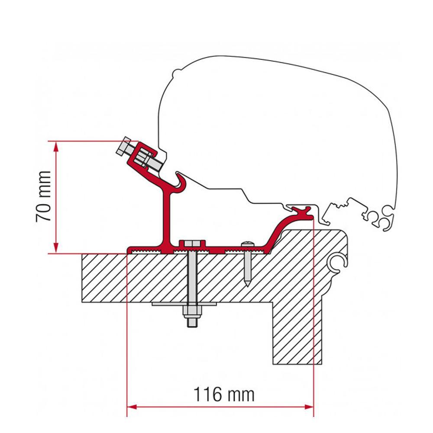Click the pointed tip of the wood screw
click(x=246, y=283)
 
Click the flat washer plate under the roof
click(x=184, y=304)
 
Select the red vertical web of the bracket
click(x=166, y=216)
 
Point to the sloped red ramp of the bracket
click(x=277, y=232)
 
